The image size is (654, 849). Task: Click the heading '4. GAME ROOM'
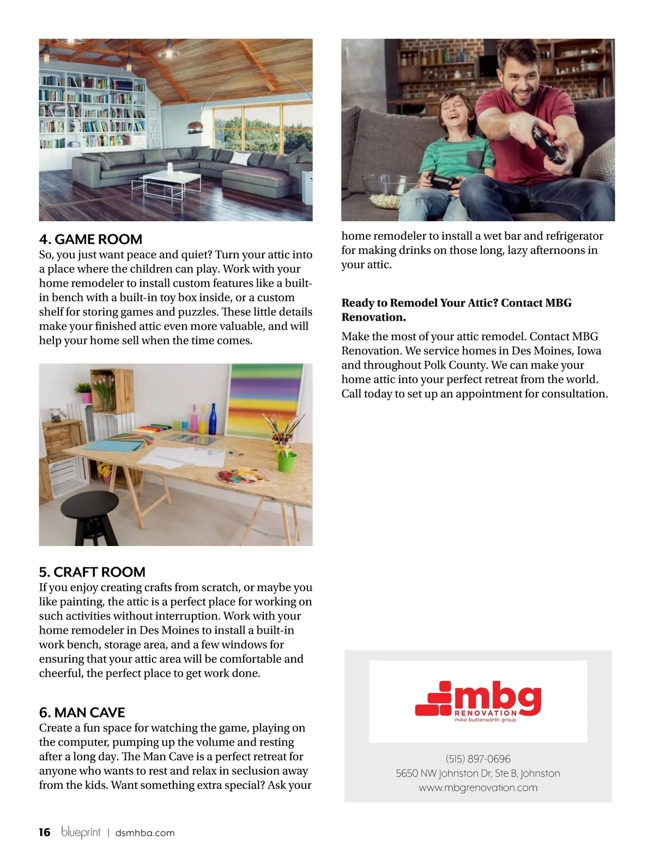point(90,239)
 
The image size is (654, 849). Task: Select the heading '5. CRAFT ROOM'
point(92,572)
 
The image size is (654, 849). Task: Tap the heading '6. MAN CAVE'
point(82,712)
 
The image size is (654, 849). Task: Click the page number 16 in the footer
point(44,832)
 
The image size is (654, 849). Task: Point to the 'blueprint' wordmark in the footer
point(81,832)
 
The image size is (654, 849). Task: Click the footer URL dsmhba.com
point(145,833)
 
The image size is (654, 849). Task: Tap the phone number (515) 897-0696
point(478,759)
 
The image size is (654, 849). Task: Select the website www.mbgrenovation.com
point(478,787)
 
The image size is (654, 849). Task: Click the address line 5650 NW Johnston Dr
point(478,773)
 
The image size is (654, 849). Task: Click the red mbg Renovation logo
point(478,701)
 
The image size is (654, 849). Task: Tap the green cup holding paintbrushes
point(286,461)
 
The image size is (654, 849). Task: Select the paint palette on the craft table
point(243,478)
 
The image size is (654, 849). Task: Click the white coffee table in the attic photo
point(166,183)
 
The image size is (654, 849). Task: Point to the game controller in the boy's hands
point(442,181)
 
